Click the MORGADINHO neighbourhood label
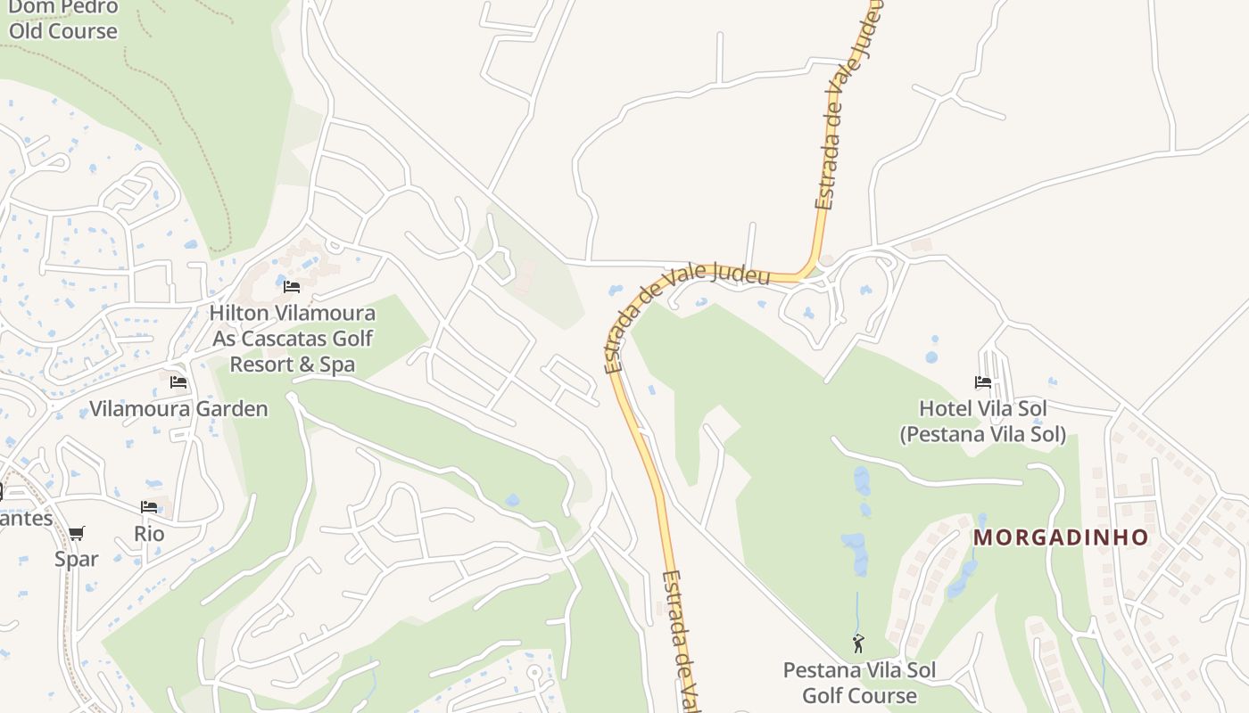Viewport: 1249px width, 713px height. coord(1060,537)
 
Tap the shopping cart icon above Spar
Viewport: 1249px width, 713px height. coord(77,534)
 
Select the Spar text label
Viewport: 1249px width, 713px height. coord(77,559)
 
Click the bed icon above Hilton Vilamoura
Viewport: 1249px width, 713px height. coord(292,287)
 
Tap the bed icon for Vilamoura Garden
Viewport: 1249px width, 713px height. coord(178,382)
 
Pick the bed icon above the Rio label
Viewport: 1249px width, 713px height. coord(149,507)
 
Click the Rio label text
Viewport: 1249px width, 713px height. coord(149,534)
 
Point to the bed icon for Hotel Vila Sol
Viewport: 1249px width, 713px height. coord(983,382)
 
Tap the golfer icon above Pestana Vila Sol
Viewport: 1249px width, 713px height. coord(858,643)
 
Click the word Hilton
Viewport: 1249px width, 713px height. coord(241,314)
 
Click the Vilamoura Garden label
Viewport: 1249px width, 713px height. coord(178,409)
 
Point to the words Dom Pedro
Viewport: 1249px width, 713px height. coord(62,7)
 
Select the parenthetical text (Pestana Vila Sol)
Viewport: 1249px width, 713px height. coord(982,434)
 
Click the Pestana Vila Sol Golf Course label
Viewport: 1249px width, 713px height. coord(859,683)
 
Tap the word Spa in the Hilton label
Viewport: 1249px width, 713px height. coord(338,365)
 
